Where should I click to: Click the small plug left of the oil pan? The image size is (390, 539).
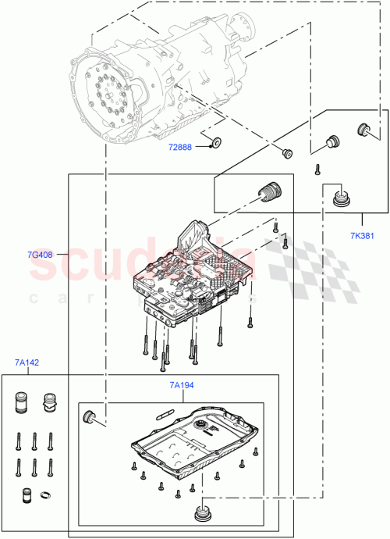[90, 416]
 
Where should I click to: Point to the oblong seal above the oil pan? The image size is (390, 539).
[165, 410]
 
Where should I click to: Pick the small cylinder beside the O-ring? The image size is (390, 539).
[25, 495]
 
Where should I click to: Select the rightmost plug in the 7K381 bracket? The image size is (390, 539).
[363, 129]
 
